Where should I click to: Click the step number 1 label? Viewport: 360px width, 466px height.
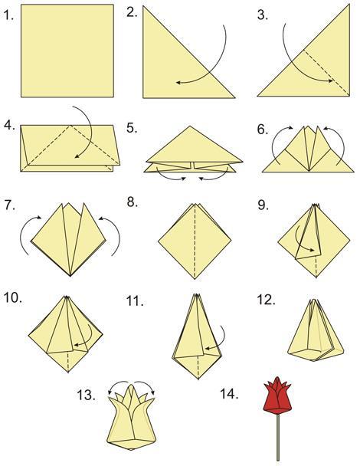click(x=9, y=15)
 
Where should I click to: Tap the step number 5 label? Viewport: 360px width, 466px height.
click(x=132, y=128)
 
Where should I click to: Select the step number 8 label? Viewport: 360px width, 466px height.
click(x=133, y=202)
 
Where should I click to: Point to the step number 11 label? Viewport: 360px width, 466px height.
click(x=135, y=301)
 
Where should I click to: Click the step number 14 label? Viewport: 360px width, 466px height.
click(x=229, y=394)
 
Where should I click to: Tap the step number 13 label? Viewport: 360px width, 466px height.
click(x=86, y=395)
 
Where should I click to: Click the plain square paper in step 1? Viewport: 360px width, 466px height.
click(x=67, y=51)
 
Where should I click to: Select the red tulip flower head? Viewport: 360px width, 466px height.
click(x=277, y=395)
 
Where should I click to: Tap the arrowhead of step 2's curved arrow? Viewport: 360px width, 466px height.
click(x=178, y=82)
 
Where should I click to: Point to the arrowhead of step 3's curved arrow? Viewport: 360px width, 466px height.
click(x=330, y=80)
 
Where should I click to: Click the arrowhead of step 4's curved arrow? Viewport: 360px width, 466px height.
click(x=77, y=156)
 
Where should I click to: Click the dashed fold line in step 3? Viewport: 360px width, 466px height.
click(x=326, y=72)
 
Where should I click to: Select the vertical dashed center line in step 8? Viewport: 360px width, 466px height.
click(x=195, y=241)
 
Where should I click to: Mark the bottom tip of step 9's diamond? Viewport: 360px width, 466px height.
click(x=316, y=277)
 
